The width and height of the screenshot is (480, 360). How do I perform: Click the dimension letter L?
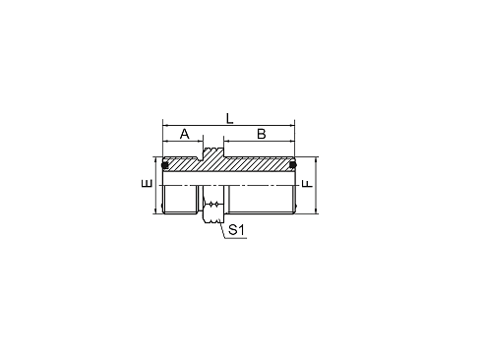[x=230, y=118]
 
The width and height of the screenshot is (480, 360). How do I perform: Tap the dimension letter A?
[x=185, y=134]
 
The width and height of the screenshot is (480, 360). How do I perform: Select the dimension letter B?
[x=262, y=134]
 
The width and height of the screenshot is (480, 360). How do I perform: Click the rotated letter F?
[x=308, y=184]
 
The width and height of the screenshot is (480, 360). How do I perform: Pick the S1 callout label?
[x=236, y=230]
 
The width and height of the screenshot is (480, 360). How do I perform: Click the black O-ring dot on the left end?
[x=165, y=165]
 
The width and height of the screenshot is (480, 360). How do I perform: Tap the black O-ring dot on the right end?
[x=292, y=165]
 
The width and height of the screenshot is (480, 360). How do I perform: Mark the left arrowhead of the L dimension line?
[x=165, y=125]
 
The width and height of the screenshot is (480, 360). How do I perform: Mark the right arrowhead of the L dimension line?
[x=292, y=125]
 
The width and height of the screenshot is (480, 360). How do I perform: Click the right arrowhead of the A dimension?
[x=200, y=142]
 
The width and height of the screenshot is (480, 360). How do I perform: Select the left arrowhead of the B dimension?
[x=226, y=142]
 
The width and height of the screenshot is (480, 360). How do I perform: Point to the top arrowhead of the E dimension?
[x=155, y=160]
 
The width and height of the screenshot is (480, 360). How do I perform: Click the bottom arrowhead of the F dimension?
[x=316, y=210]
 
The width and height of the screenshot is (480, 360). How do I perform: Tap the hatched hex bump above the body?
[x=213, y=153]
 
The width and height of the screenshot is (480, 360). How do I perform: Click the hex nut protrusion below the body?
[x=213, y=212]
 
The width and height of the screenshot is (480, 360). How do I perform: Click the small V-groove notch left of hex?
[x=200, y=159]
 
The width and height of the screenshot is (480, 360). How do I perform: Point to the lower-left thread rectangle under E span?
[x=180, y=200]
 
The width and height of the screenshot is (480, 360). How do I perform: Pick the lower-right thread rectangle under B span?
[x=262, y=200]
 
